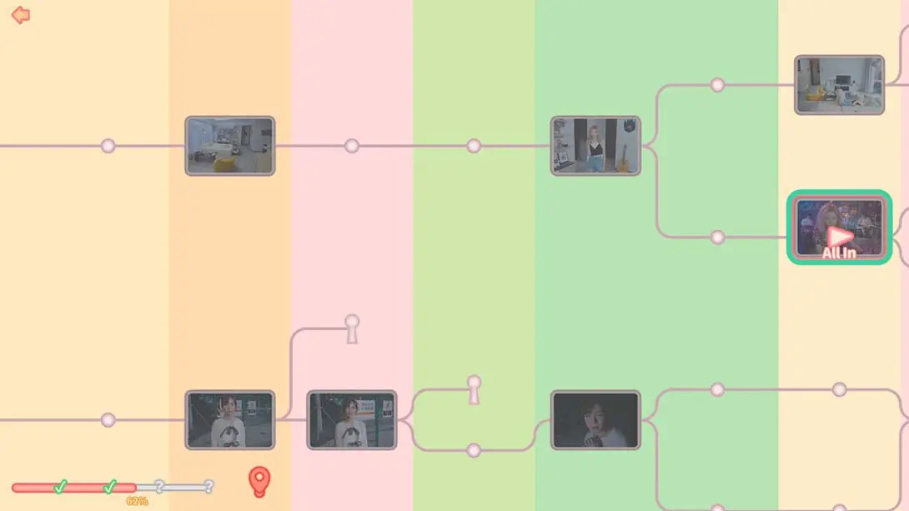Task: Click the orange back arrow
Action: pos(20,15)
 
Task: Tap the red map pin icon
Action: pos(259,482)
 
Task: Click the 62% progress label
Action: pos(137,501)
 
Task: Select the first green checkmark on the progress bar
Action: pos(60,487)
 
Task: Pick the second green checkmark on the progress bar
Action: pos(110,487)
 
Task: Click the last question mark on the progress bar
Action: pos(208,486)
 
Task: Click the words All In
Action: pos(839,253)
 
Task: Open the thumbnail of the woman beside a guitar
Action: pos(595,145)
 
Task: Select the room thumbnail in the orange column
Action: pos(230,145)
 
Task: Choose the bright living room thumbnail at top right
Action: pos(840,85)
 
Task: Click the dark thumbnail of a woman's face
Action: pos(595,420)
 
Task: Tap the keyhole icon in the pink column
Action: pos(352,329)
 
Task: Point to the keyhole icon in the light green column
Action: pos(475,389)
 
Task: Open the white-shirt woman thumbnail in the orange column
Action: pos(230,420)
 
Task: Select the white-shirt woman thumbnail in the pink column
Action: pos(352,420)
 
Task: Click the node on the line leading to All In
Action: pos(718,237)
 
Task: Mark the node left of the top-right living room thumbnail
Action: pos(718,85)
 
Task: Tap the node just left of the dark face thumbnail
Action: pos(474,450)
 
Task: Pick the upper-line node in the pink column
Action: pos(352,146)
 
